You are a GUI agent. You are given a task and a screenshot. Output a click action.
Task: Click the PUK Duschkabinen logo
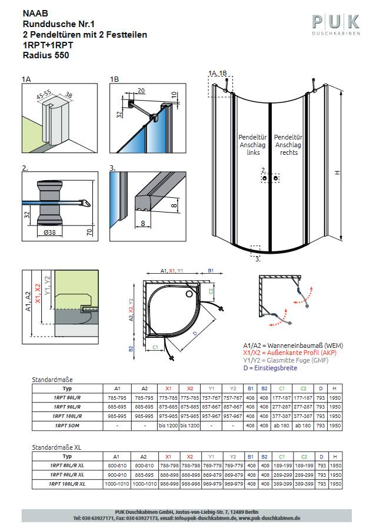point(335,25)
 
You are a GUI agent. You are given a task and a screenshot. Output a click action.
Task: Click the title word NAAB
point(34,13)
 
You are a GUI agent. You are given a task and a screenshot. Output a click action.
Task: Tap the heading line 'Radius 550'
point(46,55)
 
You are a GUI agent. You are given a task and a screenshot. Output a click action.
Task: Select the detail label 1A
point(26,78)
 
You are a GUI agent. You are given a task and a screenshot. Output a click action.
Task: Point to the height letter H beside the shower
point(338,172)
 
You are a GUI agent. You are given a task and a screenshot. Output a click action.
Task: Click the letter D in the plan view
point(195,332)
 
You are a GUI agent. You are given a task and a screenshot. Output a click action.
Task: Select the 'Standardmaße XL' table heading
point(56,447)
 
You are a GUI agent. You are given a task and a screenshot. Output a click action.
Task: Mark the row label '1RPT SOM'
point(67,426)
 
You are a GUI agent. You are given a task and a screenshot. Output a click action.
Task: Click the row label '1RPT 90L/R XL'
point(67,474)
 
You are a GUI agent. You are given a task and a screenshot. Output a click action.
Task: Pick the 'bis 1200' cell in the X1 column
point(168,426)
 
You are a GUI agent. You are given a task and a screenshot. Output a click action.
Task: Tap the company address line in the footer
point(186,512)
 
